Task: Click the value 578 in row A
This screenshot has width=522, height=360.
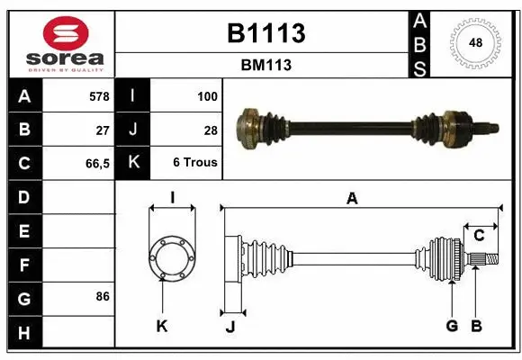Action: click(x=99, y=94)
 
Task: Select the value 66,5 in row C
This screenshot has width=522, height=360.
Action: click(x=97, y=163)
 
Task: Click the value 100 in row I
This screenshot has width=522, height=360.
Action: click(x=206, y=94)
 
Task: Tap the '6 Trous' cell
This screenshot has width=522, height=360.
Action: click(x=194, y=163)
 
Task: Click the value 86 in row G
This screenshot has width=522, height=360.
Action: click(x=103, y=296)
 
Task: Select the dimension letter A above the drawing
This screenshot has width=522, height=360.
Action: click(x=352, y=199)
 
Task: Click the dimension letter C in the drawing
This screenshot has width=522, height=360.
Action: click(x=479, y=235)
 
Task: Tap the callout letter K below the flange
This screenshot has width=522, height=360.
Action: click(x=162, y=327)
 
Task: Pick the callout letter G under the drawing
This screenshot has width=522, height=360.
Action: click(x=452, y=326)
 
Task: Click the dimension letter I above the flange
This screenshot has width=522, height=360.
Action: click(x=171, y=197)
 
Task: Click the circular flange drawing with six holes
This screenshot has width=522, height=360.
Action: click(x=171, y=257)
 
